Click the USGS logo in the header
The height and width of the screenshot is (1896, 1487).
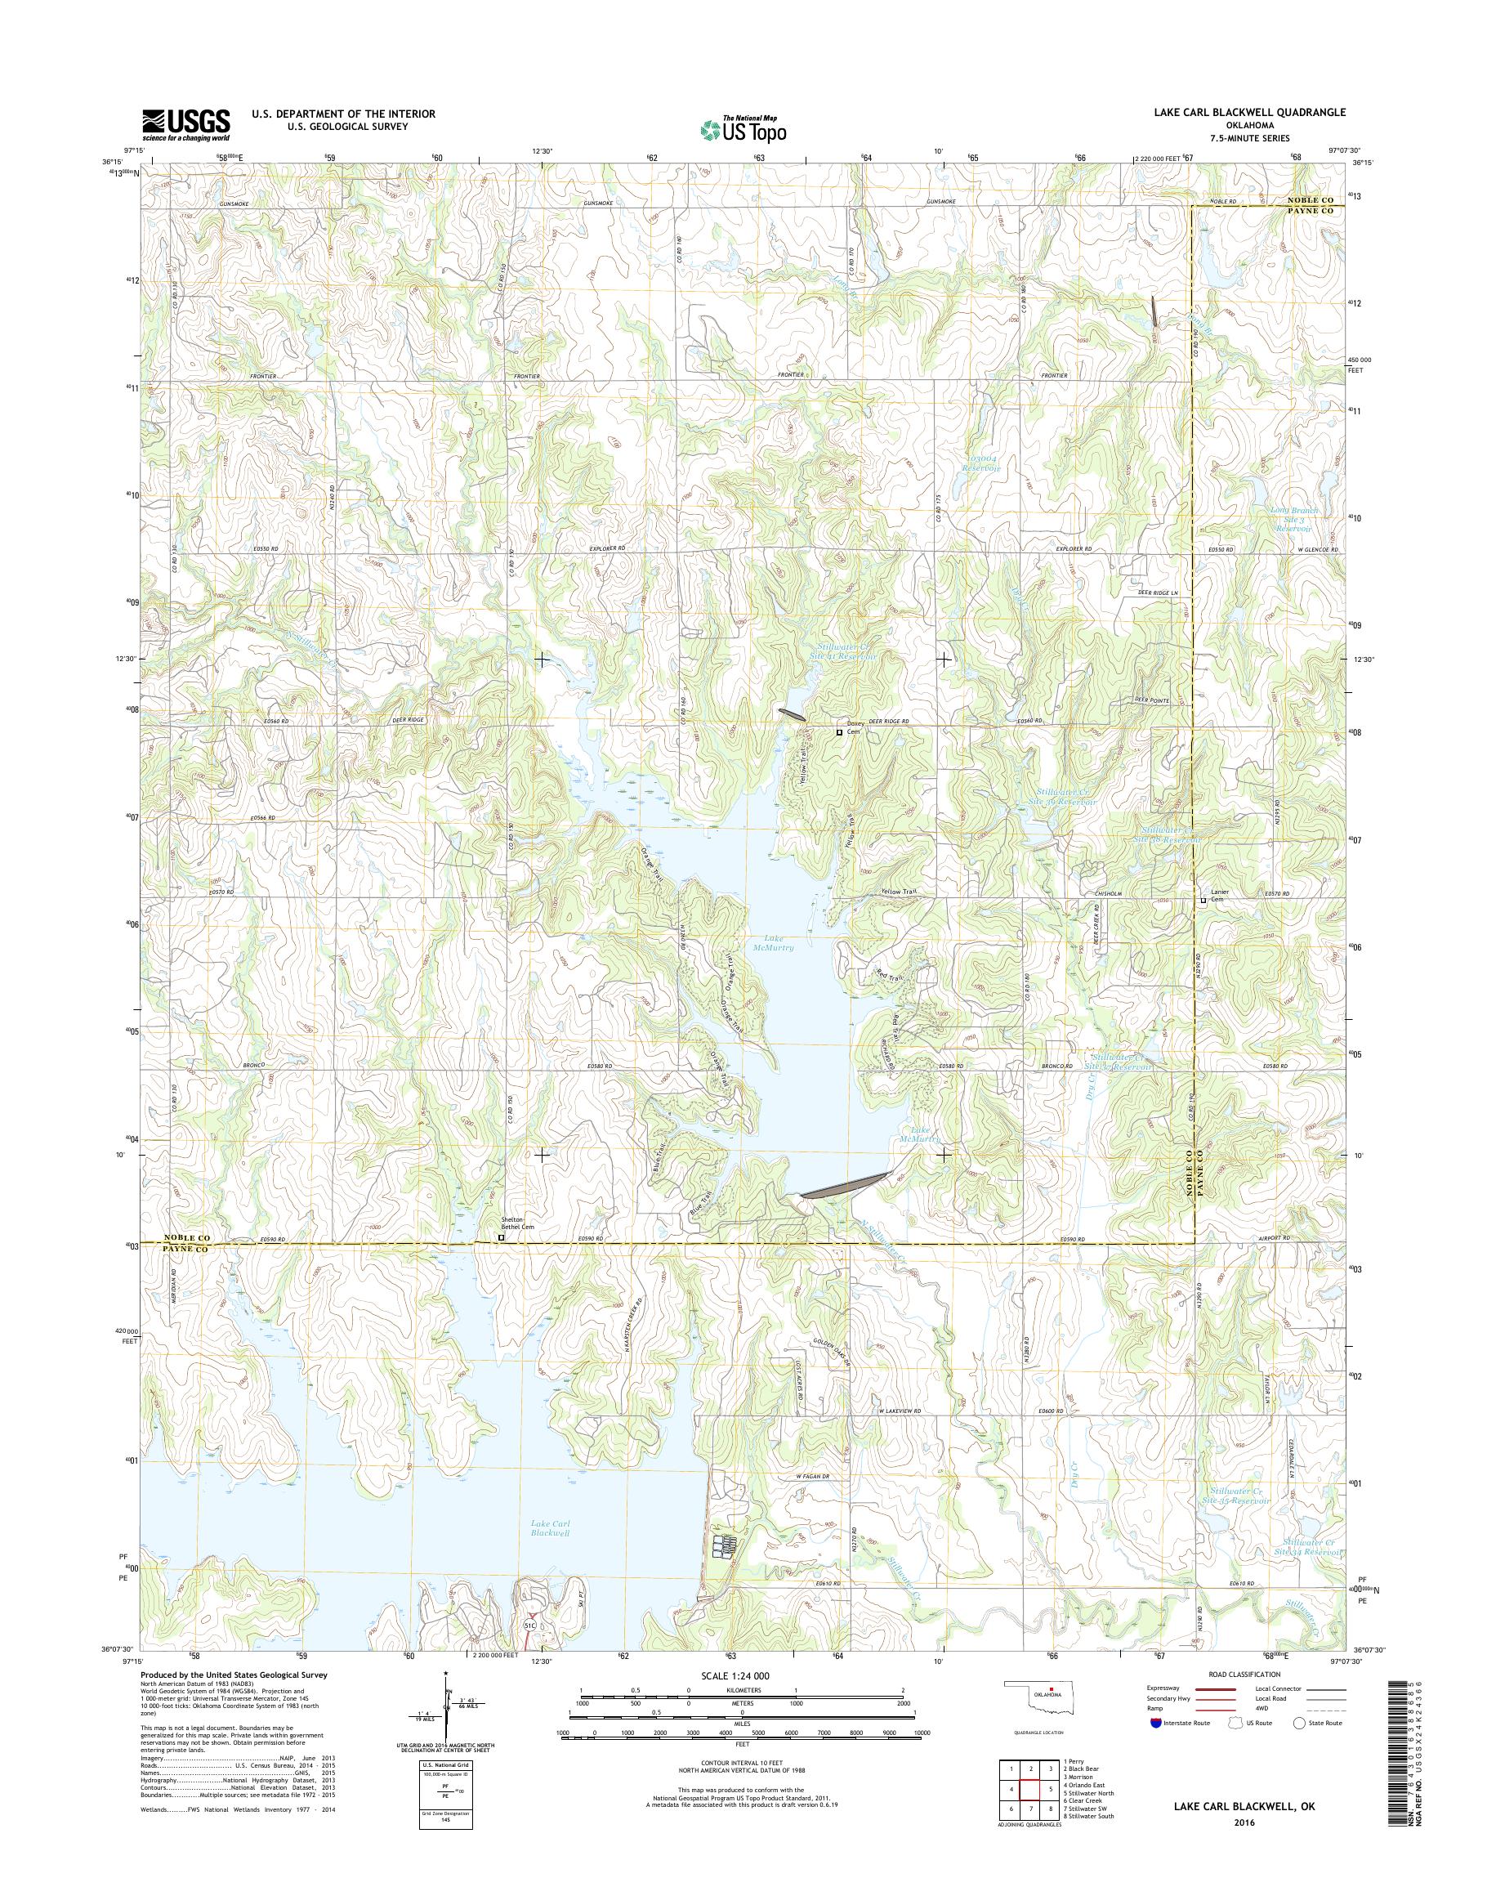[185, 125]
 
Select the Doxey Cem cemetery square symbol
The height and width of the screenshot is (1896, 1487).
[839, 732]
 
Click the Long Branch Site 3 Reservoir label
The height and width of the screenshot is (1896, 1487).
[1295, 519]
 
